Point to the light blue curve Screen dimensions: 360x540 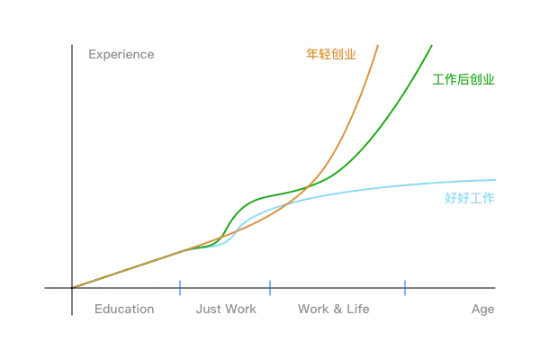(x=405, y=186)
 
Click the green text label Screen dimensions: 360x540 (x=464, y=79)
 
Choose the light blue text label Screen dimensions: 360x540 (x=470, y=198)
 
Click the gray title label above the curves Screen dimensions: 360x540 (x=122, y=56)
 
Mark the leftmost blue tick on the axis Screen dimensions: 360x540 (x=180, y=288)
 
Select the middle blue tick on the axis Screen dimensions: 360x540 (x=269, y=288)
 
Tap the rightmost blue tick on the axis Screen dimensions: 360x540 (x=406, y=288)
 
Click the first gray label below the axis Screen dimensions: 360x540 (x=126, y=310)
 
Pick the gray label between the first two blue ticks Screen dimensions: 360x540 (x=226, y=310)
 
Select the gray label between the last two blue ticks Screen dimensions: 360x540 (x=334, y=310)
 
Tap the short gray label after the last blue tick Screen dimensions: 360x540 (x=481, y=310)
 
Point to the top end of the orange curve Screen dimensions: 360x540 (x=379, y=45)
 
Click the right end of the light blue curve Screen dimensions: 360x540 (x=493, y=181)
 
